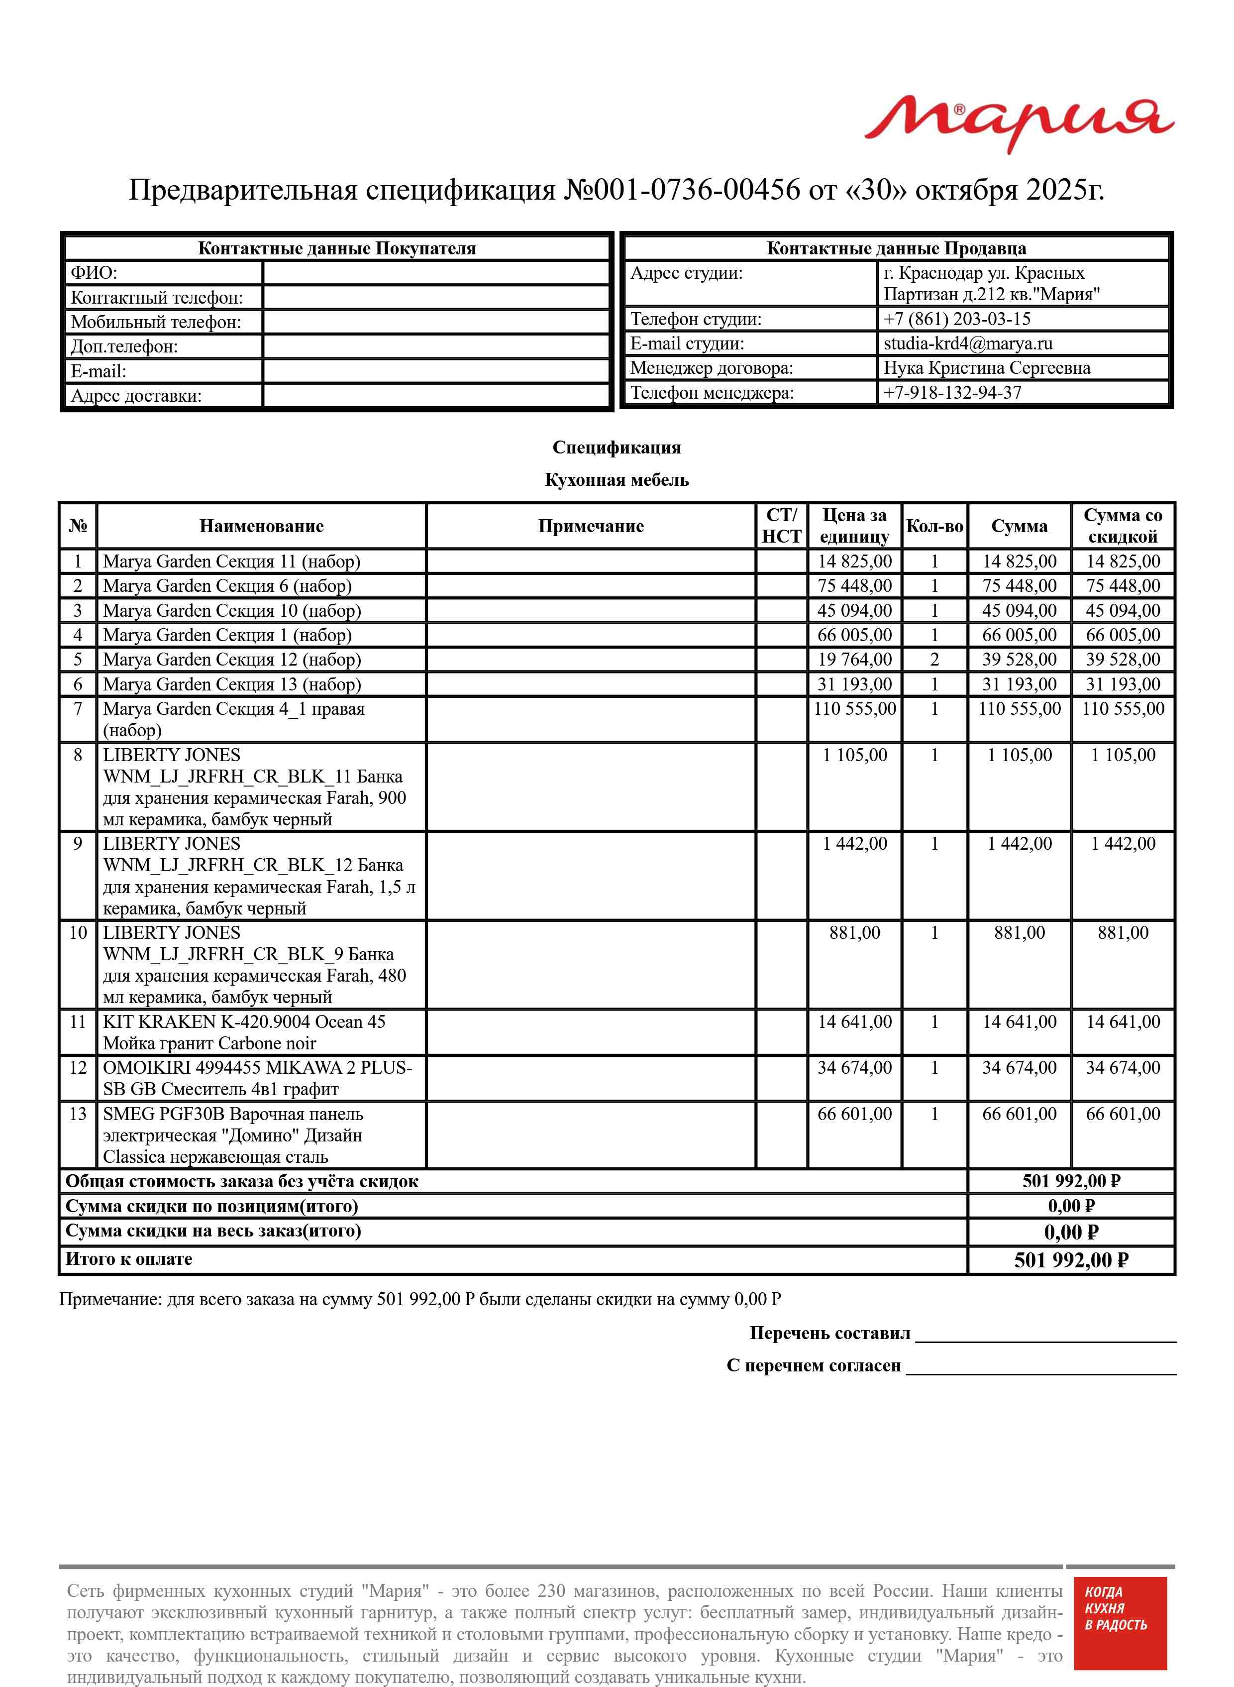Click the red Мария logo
(1019, 123)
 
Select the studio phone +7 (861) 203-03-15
(956, 319)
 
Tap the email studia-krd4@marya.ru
(967, 343)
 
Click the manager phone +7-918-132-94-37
(952, 392)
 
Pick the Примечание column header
(590, 526)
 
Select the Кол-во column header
(934, 526)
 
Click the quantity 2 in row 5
(934, 660)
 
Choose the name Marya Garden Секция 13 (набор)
(231, 684)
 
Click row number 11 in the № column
(78, 1022)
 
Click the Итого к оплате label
(128, 1259)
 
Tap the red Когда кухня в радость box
(1119, 1633)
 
